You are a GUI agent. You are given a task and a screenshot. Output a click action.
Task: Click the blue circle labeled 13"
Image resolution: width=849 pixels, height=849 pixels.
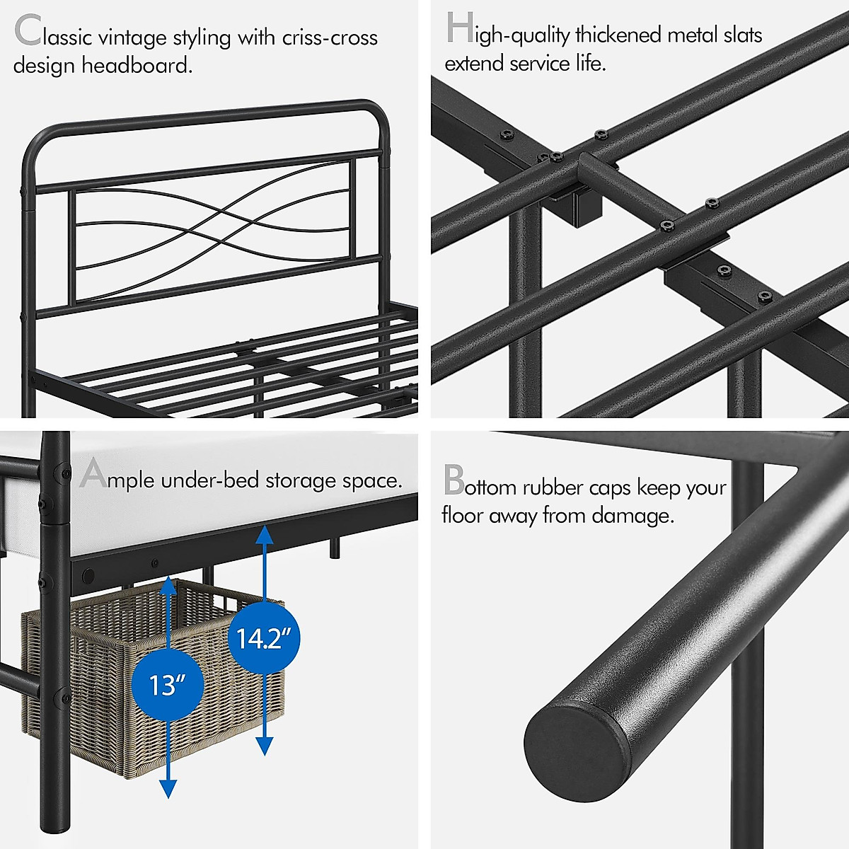(x=168, y=685)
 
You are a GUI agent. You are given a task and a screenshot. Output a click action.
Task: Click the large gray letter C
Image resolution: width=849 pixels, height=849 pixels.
(x=28, y=30)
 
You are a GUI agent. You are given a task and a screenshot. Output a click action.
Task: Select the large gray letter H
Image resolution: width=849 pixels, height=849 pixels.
(x=460, y=28)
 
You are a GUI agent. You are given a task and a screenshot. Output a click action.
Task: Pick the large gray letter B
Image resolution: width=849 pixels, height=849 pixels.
(x=454, y=480)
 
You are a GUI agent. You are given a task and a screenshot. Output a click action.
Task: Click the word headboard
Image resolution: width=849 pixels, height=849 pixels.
(x=137, y=66)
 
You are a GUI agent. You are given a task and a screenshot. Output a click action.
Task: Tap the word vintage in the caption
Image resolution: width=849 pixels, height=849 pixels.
(x=132, y=39)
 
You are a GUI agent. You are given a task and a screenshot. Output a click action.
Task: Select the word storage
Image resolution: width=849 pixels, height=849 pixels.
(x=301, y=480)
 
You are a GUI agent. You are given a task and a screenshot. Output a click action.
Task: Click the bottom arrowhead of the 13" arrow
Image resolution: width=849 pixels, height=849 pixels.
(x=168, y=789)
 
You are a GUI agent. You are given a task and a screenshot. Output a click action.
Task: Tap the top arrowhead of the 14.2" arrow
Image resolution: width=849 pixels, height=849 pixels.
(x=265, y=536)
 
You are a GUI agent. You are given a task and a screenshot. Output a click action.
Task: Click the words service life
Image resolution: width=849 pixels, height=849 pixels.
(x=558, y=64)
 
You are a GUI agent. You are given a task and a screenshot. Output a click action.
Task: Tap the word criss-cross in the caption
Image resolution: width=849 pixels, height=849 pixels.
(x=330, y=38)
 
